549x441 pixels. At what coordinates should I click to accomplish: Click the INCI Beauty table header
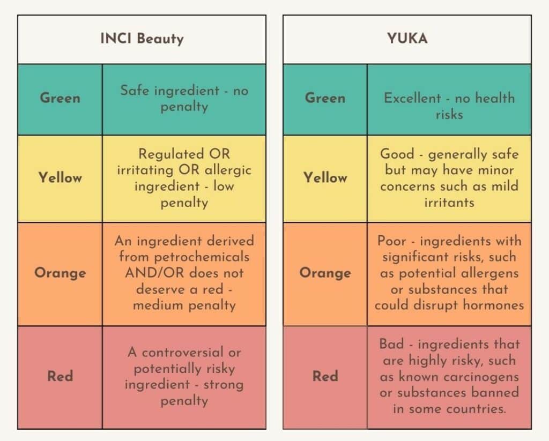point(142,39)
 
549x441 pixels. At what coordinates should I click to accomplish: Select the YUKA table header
point(407,39)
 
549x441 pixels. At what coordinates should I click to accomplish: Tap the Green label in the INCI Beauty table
point(60,99)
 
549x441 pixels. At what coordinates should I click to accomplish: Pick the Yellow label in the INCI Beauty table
point(60,178)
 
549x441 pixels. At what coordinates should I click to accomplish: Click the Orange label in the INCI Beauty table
point(60,273)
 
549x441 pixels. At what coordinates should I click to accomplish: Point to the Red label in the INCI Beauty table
point(60,376)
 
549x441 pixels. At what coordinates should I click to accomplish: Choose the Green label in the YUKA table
point(325,99)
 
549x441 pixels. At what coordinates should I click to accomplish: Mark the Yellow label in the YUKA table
point(325,178)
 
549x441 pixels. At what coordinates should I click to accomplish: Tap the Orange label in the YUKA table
point(325,273)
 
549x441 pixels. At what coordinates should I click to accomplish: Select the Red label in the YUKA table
point(325,376)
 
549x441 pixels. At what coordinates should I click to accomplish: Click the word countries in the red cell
point(477,409)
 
